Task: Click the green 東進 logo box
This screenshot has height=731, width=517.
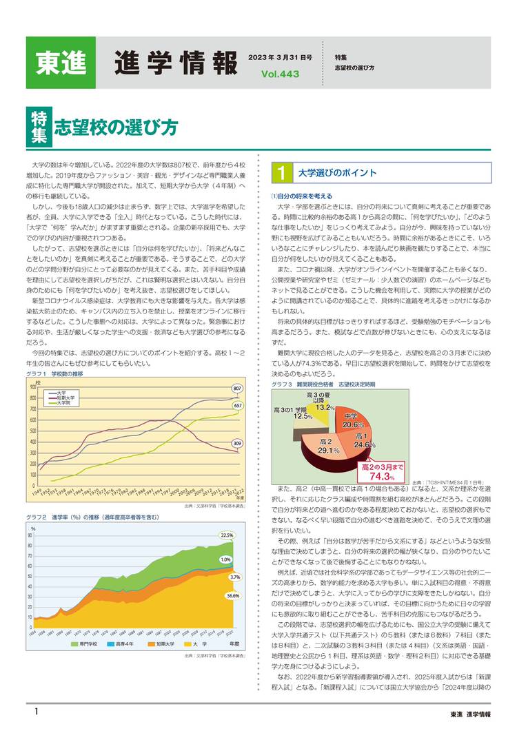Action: click(x=61, y=62)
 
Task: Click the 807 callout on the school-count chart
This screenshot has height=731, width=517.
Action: click(x=236, y=389)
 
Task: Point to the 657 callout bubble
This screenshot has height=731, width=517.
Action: click(x=236, y=406)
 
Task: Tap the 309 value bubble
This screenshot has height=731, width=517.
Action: click(x=236, y=443)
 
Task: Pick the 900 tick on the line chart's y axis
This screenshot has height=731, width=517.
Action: click(x=32, y=387)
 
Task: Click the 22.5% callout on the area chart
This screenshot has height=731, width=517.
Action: click(x=227, y=535)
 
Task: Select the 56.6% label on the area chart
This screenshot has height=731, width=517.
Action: click(x=233, y=595)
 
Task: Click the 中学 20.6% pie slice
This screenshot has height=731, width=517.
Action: click(x=358, y=420)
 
